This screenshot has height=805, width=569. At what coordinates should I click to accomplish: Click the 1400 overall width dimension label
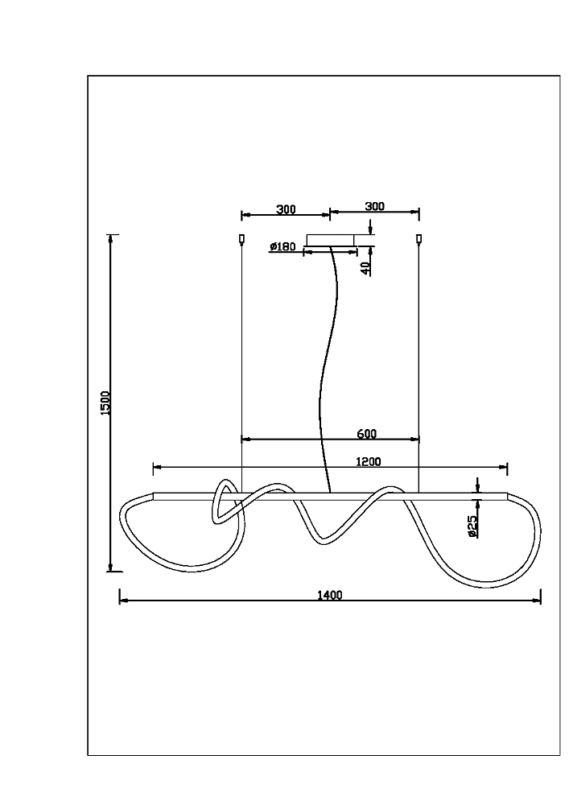329,595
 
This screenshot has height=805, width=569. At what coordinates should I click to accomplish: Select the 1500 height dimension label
105,403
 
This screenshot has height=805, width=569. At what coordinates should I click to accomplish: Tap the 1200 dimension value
369,461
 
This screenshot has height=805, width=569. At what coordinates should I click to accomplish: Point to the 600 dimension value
366,434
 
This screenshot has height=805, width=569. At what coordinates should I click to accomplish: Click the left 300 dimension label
286,209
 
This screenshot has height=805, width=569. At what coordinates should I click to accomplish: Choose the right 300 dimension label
374,206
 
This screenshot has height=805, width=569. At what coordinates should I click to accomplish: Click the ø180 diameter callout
282,246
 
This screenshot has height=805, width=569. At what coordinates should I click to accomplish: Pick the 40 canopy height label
365,268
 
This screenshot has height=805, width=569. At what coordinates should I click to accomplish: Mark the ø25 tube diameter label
472,526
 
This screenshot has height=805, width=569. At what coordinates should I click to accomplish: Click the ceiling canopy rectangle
331,240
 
